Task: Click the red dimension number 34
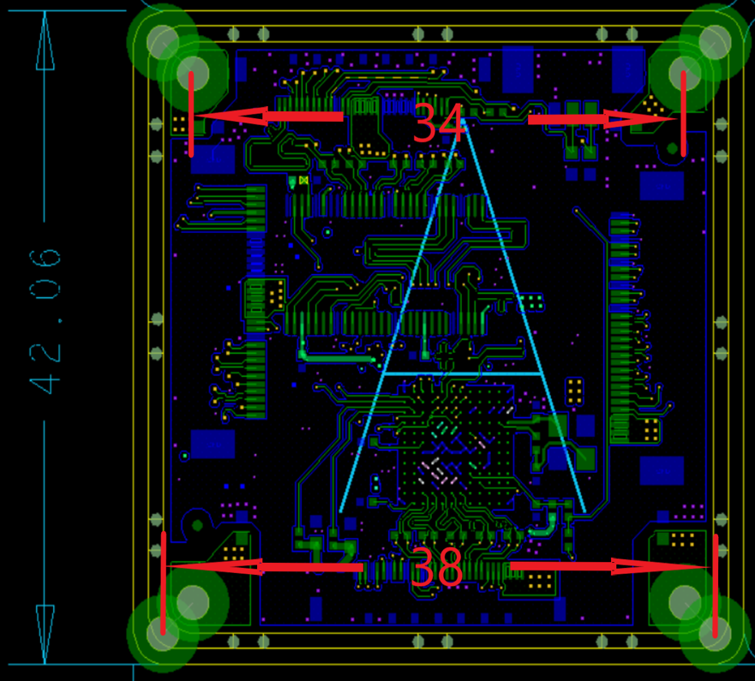point(437,122)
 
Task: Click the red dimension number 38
point(436,567)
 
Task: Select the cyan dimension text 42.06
point(45,321)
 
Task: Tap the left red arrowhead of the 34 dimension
point(231,116)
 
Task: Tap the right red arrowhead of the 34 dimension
point(640,118)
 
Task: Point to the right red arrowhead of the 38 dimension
point(661,566)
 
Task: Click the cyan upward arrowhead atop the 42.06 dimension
point(45,41)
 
